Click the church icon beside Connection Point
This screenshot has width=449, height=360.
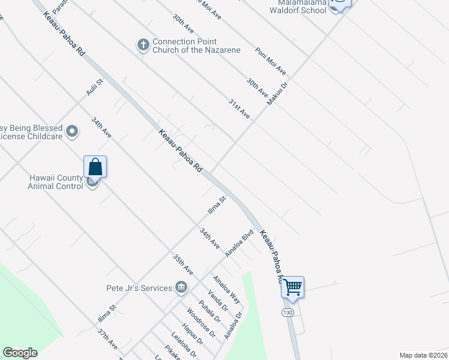point(143,45)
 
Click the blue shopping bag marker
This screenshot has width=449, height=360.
point(95,166)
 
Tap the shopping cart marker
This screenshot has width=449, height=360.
point(292,287)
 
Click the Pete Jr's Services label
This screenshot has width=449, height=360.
point(139,288)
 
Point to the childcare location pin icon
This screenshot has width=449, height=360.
point(73,131)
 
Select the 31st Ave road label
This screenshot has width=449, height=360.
point(239,109)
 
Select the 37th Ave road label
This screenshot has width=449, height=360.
point(108,339)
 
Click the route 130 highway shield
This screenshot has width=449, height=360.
point(288,313)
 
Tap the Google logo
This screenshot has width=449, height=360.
point(20,353)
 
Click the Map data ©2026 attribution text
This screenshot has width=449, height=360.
point(423,355)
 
